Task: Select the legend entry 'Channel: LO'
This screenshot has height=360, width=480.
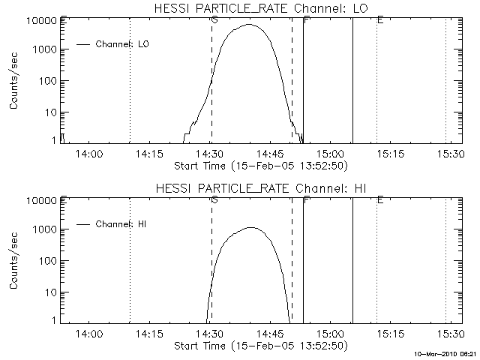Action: [123, 44]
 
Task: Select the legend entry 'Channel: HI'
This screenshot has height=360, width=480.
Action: [123, 223]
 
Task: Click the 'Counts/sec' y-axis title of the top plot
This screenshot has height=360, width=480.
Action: [14, 81]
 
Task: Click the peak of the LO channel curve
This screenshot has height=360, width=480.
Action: [250, 25]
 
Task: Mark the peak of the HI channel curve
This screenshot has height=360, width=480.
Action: [250, 227]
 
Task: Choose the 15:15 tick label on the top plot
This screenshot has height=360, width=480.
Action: [390, 154]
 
